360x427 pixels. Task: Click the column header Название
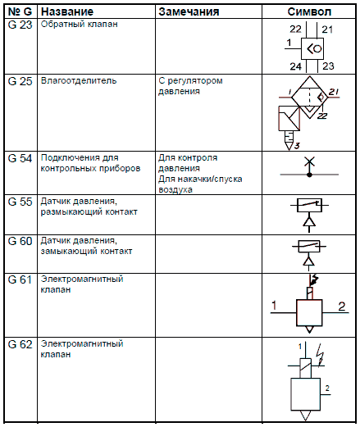(x=67, y=11)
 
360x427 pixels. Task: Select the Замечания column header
(x=189, y=11)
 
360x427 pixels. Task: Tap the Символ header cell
(x=309, y=11)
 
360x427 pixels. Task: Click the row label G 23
(x=20, y=25)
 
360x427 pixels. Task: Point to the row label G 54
(x=20, y=158)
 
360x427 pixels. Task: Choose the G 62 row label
(x=20, y=344)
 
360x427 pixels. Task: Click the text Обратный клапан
(x=80, y=24)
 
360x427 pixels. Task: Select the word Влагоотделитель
(x=79, y=81)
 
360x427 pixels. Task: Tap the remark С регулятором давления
(x=190, y=86)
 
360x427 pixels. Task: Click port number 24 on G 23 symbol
(x=295, y=66)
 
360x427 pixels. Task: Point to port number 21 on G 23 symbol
(x=327, y=30)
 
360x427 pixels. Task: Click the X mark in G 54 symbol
(x=309, y=161)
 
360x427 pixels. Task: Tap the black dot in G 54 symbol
(x=309, y=175)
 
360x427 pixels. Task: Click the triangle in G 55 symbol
(x=309, y=221)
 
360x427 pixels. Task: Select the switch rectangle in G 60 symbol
(x=309, y=246)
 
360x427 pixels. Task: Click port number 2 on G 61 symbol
(x=342, y=307)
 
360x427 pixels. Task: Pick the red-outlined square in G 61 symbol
(x=309, y=313)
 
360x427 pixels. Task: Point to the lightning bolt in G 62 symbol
(x=320, y=355)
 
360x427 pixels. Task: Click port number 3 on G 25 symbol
(x=297, y=146)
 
